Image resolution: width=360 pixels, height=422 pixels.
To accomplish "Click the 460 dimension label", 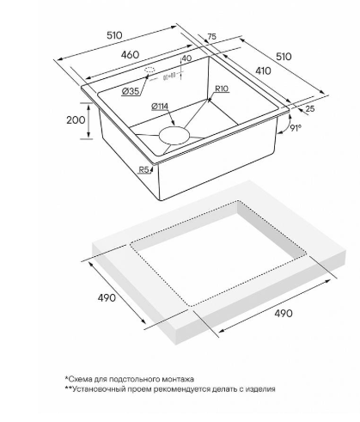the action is coord(130,55).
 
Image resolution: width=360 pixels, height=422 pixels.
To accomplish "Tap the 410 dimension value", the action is coord(263,70).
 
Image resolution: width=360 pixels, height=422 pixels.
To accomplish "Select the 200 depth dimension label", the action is coord(76,119).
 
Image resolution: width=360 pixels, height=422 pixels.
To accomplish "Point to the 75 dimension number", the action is coord(211,37).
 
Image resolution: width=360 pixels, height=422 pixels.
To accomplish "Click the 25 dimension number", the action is coord(310,108).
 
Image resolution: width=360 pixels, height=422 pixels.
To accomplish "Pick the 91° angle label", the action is coord(296,128).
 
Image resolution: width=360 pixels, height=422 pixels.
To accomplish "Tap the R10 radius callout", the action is coord(222,89).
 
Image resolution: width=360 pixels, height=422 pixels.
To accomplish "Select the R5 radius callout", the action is coord(144,170).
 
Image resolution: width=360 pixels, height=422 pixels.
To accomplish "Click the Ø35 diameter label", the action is coord(131,91).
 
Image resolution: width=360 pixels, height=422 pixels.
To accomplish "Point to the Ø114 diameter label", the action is coord(160,107).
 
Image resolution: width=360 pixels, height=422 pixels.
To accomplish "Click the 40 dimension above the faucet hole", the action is coord(186,58).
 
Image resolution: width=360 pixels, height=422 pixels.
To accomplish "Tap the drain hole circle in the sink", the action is coord(174,135).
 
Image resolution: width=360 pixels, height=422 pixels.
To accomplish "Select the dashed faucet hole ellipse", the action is coord(149,70).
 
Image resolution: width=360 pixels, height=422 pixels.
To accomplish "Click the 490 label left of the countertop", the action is coord(107,298).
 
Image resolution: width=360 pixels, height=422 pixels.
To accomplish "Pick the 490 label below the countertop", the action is coord(284,314).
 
